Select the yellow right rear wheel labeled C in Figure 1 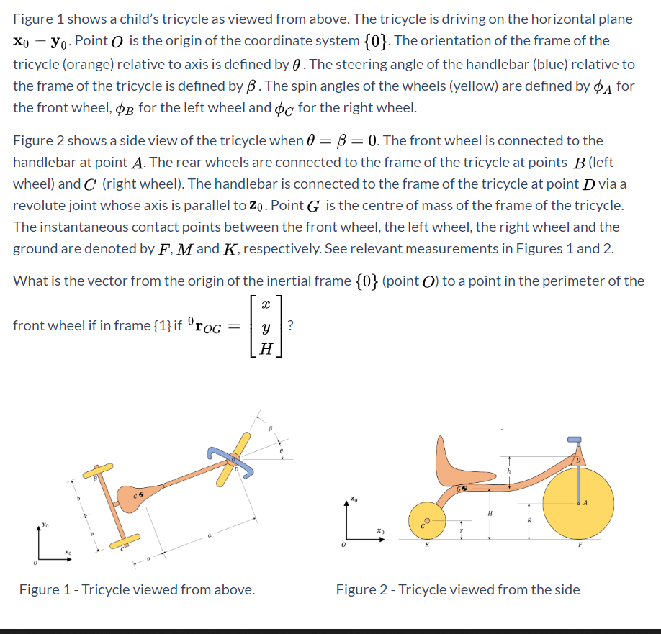127,539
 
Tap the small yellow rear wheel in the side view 426,521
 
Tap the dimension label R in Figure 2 529,520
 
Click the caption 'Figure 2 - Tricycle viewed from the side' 457,590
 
